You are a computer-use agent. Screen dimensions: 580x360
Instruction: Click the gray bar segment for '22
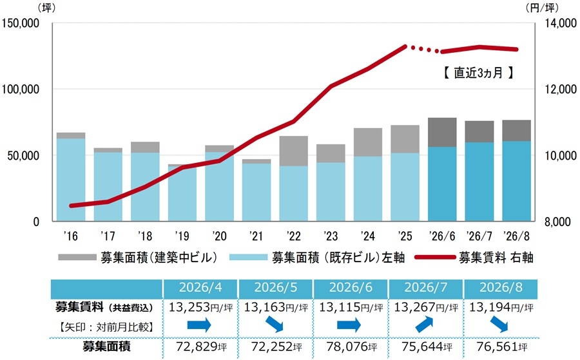[293, 151]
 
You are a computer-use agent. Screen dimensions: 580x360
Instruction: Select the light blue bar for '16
[71, 180]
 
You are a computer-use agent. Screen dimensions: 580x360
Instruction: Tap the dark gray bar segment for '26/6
[442, 132]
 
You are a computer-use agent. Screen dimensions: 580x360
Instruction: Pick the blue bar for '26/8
[516, 181]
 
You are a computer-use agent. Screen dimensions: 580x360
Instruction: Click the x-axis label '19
[182, 236]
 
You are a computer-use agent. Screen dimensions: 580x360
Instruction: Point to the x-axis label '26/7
[479, 236]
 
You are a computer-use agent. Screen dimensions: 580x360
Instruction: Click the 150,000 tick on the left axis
[21, 23]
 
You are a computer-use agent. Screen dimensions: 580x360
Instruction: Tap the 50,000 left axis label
[23, 156]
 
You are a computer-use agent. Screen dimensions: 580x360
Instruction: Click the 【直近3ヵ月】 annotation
[479, 72]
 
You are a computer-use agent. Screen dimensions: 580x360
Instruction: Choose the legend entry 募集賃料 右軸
[474, 257]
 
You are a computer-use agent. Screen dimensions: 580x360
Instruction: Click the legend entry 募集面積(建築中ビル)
[138, 257]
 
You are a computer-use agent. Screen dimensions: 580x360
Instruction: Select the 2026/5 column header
[276, 288]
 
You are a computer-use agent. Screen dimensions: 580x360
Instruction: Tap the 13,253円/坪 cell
[201, 307]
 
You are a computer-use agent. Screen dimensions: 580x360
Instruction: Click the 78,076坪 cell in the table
[351, 346]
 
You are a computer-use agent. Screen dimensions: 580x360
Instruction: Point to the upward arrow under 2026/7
[424, 325]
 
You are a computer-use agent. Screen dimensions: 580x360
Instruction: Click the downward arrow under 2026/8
[499, 325]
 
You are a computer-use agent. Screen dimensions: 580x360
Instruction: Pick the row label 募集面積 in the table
[106, 346]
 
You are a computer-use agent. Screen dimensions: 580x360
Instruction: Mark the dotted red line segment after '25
[421, 49]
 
